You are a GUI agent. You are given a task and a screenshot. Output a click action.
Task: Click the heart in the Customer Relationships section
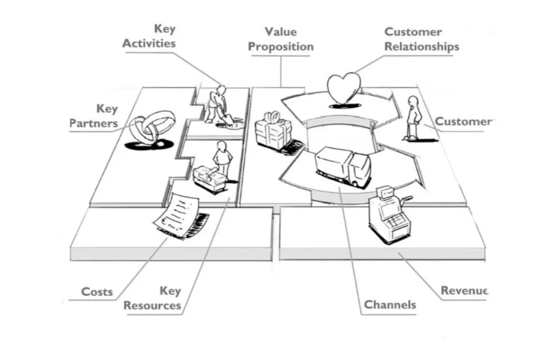tap(344, 88)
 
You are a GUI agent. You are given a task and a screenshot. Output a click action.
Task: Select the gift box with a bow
tap(273, 130)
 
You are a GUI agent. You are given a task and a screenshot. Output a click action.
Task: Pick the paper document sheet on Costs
tap(176, 215)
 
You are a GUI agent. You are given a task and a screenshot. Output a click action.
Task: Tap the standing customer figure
tap(414, 117)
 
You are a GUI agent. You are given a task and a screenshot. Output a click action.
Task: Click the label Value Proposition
tap(281, 39)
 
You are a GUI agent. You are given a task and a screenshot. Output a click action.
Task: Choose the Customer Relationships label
tap(422, 39)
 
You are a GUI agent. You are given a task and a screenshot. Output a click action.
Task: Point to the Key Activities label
tap(149, 36)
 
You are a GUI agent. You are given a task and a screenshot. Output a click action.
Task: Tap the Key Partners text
tap(94, 116)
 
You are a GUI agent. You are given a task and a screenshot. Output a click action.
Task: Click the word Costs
tap(97, 292)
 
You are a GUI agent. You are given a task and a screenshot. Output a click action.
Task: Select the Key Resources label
tap(153, 298)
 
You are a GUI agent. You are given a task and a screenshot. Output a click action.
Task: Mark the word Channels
tap(390, 304)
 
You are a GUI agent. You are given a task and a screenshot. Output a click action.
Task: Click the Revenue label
tap(464, 290)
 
